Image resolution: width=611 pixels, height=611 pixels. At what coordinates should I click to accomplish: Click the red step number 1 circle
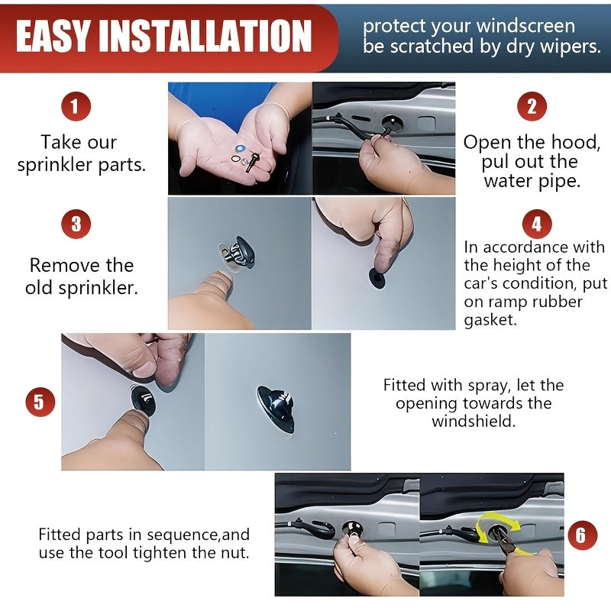point(76,106)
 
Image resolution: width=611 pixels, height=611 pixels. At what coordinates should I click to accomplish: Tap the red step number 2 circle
point(532,106)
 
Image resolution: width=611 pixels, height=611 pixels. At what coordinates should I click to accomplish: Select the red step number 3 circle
point(76,224)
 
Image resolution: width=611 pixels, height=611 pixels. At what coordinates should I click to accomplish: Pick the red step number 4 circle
point(537,224)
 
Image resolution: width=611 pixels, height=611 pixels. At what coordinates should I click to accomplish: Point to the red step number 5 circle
point(40,402)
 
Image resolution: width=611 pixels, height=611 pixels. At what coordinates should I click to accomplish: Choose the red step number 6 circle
point(582,535)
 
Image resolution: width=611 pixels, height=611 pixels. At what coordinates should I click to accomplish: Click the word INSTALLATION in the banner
point(205,36)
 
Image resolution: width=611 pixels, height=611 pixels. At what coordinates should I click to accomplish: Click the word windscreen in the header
point(525,26)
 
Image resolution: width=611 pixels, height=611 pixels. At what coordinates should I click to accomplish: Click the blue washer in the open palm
point(241,148)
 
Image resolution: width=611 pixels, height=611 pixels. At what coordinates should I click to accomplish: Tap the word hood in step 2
point(578,142)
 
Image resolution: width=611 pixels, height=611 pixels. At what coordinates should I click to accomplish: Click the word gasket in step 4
point(490,320)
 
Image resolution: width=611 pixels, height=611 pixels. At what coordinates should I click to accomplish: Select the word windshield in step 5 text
point(474,422)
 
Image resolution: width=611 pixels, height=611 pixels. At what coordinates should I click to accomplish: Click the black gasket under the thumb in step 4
point(377,277)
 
